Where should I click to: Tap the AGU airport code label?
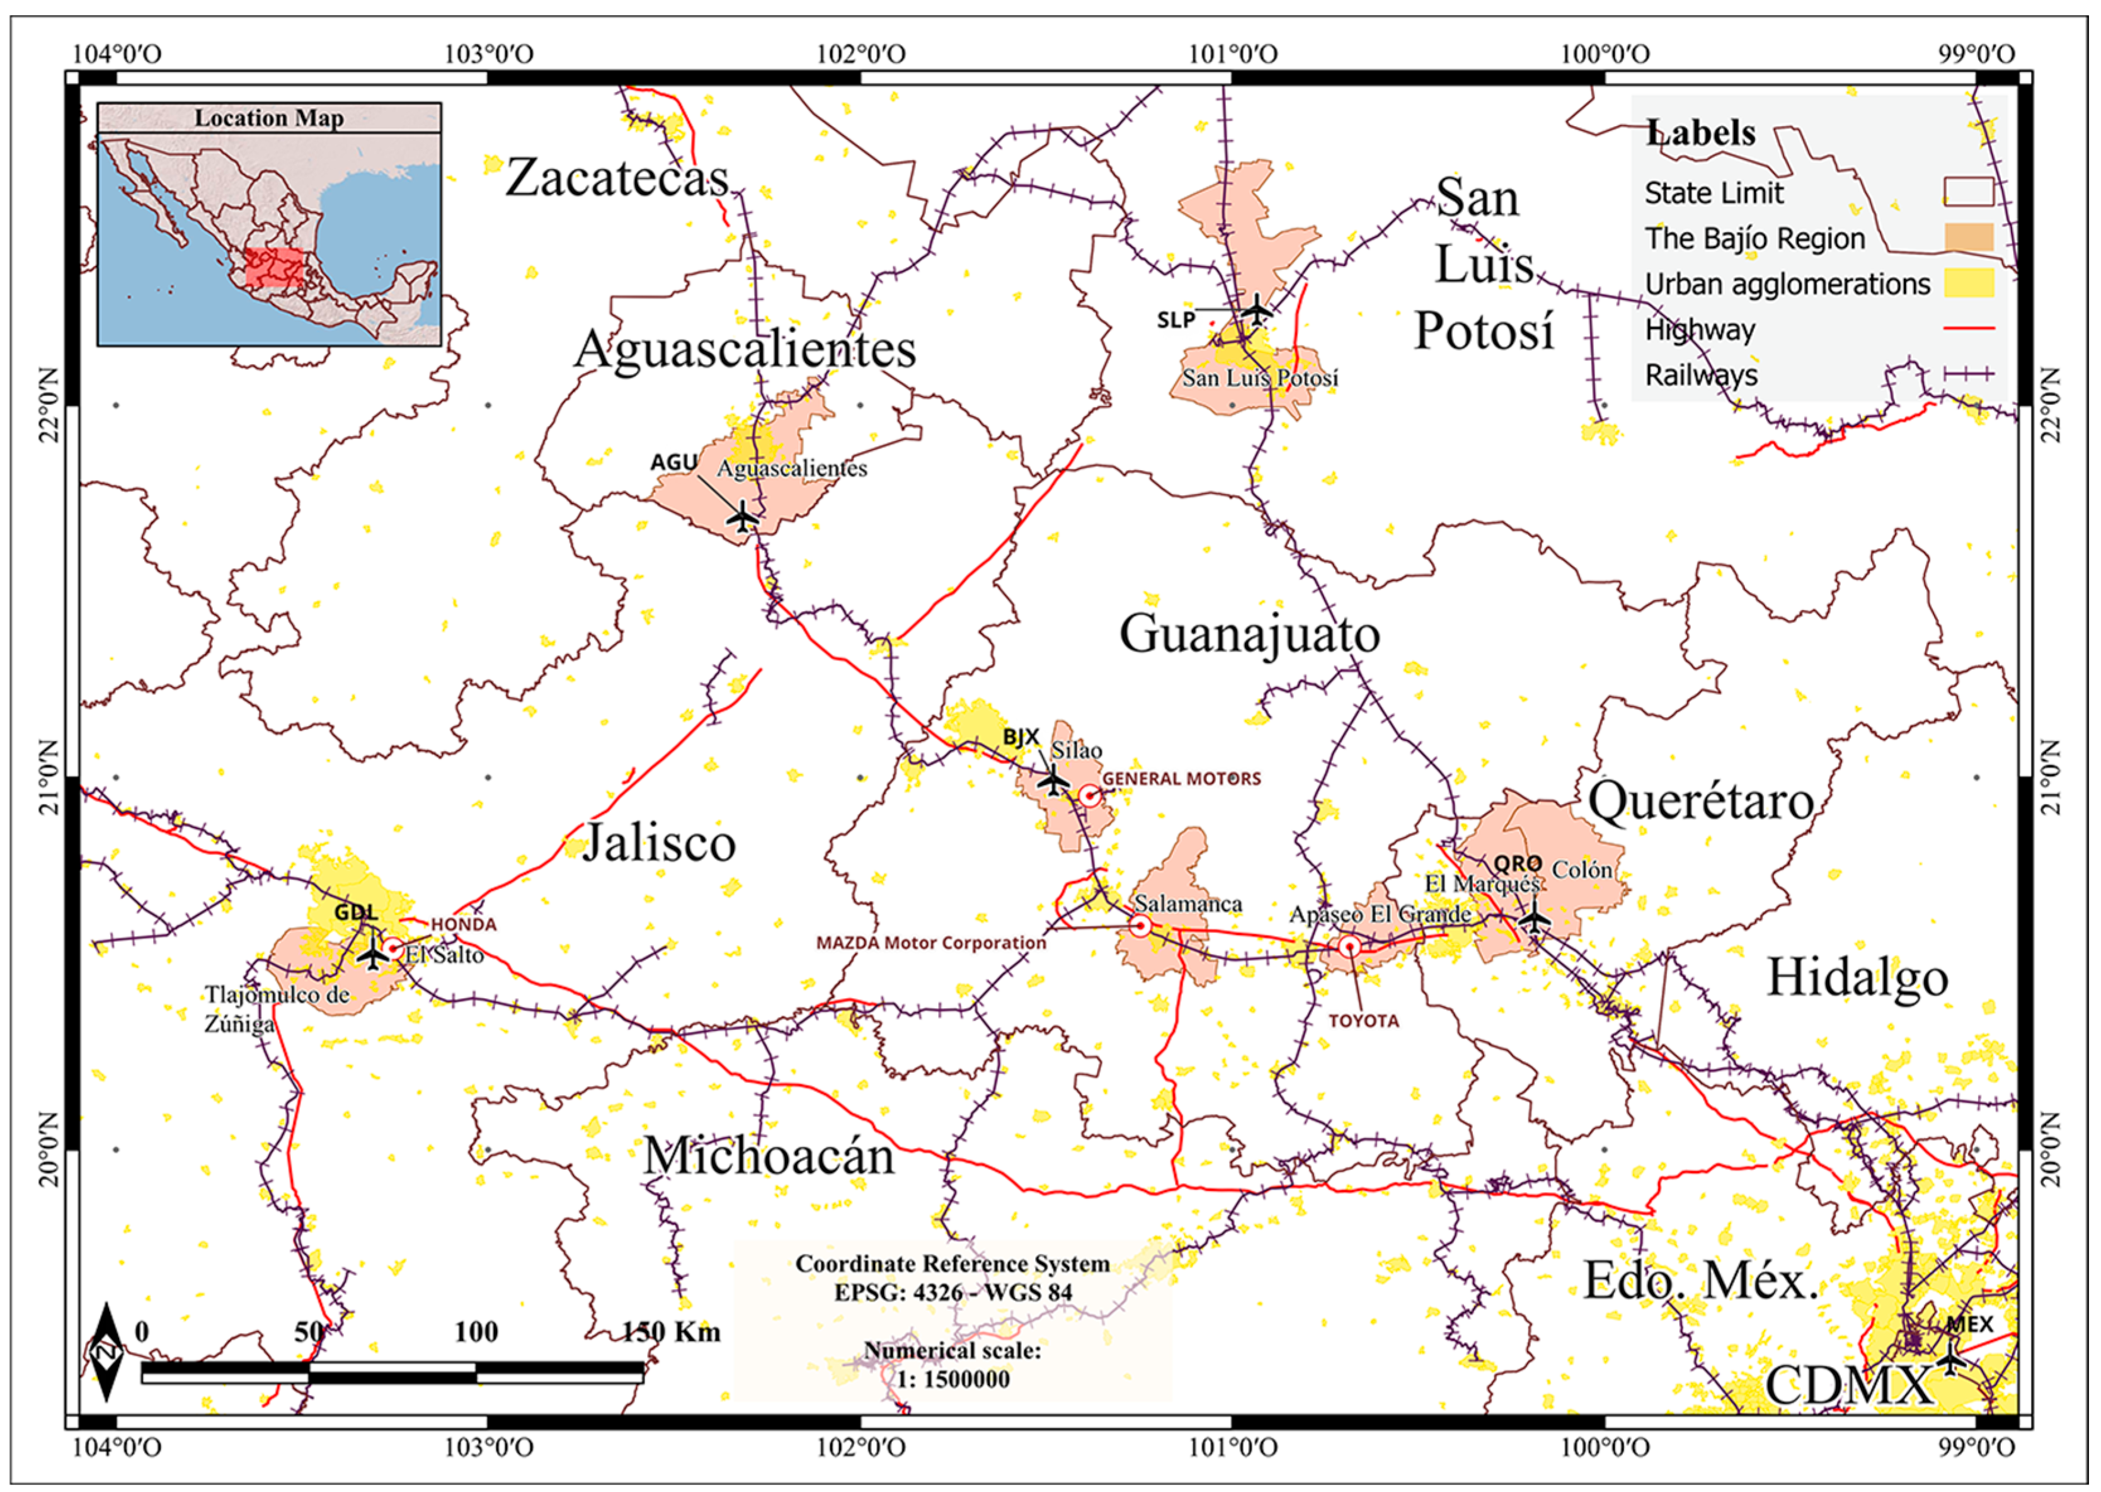pos(673,462)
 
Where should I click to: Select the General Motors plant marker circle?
pos(1089,796)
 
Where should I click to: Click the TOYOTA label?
pos(1363,1021)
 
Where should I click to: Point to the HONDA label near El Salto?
pos(463,924)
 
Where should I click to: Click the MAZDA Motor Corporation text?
pos(930,943)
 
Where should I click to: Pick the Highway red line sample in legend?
pos(1968,329)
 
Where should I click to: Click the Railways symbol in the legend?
pos(1968,374)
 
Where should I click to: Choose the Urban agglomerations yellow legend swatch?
pos(1968,283)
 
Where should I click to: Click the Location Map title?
pos(268,118)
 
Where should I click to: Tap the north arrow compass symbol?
pos(106,1351)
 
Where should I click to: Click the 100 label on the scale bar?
pos(475,1331)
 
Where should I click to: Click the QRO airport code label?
pos(1517,864)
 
